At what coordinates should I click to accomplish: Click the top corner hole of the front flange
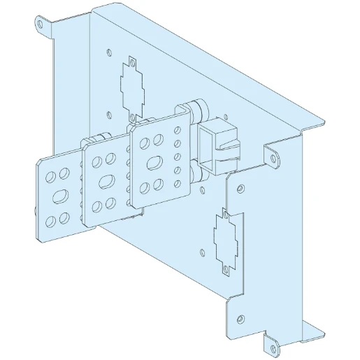click(x=240, y=187)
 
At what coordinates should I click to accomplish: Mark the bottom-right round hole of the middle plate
click(x=112, y=205)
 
